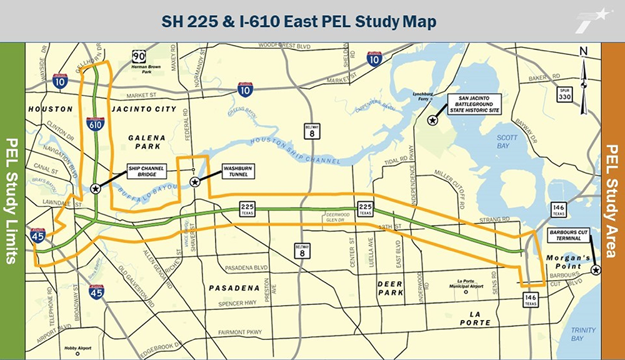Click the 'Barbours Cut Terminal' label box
[x=566, y=234]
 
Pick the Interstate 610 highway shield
[x=95, y=124]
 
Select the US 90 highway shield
[x=139, y=57]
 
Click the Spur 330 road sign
[x=564, y=93]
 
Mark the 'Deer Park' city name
[x=389, y=288]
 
